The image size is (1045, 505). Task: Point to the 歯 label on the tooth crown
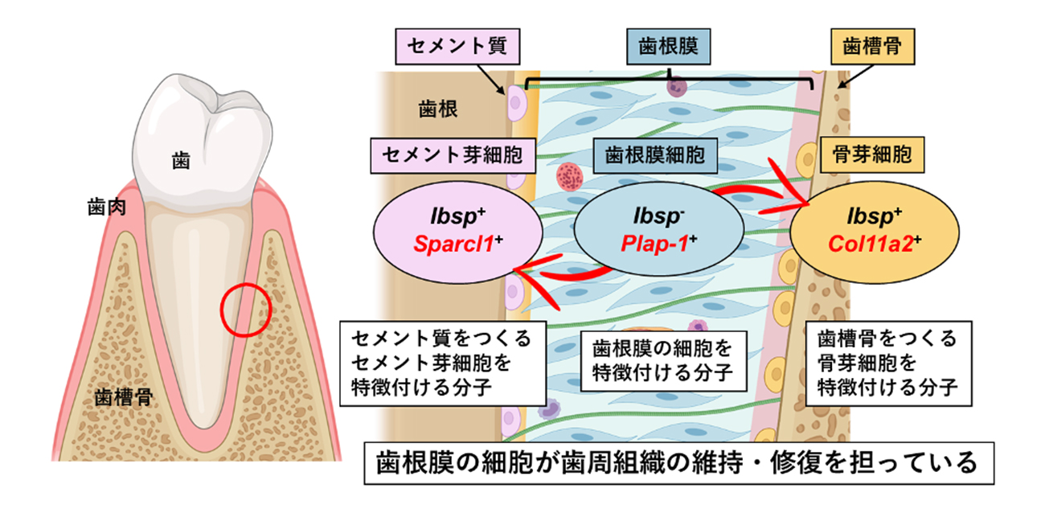tap(181, 161)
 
